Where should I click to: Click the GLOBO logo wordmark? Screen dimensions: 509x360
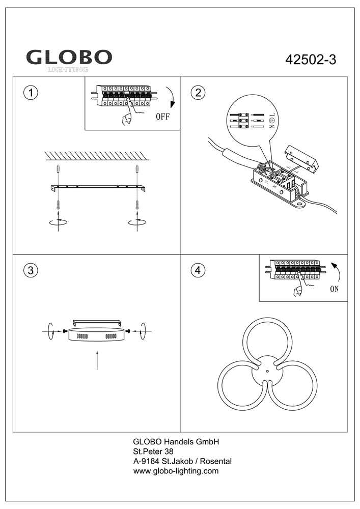coord(69,57)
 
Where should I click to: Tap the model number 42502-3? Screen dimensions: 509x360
coord(311,60)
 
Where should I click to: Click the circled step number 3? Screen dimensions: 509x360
coord(31,270)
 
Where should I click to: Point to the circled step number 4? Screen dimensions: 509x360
coord(198,270)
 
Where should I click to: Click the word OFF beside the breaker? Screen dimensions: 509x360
coord(162,116)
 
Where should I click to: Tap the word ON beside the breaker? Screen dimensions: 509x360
coord(334,289)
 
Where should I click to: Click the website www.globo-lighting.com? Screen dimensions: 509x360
coord(176,471)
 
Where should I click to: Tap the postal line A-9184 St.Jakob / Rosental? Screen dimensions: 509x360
coord(182,461)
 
